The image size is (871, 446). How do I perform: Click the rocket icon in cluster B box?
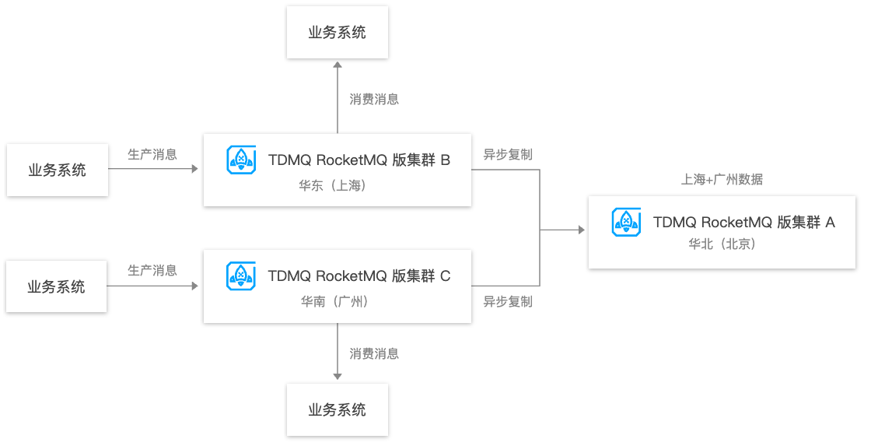[241, 160]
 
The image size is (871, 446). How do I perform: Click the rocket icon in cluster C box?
[241, 276]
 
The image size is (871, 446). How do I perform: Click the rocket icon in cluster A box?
[626, 222]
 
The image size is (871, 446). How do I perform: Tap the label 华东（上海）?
[333, 185]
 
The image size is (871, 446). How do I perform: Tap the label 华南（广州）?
[334, 301]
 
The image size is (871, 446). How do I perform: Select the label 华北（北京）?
[722, 244]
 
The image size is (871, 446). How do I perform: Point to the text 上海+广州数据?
[722, 180]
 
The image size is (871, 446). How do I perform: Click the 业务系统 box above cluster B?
[337, 33]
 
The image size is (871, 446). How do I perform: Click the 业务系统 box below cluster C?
[337, 409]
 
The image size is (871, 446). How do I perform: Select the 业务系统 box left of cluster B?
[57, 170]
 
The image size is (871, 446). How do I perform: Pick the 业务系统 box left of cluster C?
[56, 286]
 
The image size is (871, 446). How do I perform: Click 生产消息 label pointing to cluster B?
[152, 154]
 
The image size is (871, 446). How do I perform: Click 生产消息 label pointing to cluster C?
[152, 270]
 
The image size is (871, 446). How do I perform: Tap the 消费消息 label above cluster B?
[374, 99]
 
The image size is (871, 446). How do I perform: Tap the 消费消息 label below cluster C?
[374, 353]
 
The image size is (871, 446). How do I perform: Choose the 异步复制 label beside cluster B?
[508, 154]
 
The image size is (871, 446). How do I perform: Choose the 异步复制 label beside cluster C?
[508, 301]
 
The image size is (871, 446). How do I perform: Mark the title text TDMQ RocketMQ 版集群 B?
[359, 160]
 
